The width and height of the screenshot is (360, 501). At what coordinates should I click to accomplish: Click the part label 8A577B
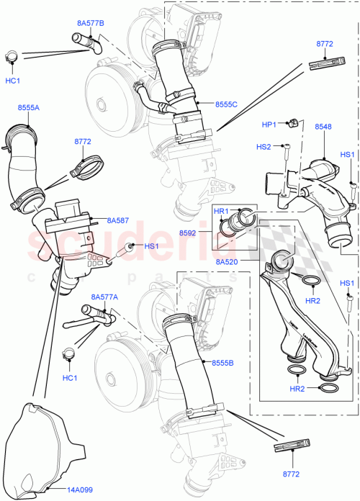pyautogui.click(x=90, y=23)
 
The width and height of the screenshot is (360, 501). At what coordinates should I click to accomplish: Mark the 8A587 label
pyautogui.click(x=117, y=221)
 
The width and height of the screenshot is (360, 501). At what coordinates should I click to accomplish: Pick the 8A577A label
pyautogui.click(x=104, y=297)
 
